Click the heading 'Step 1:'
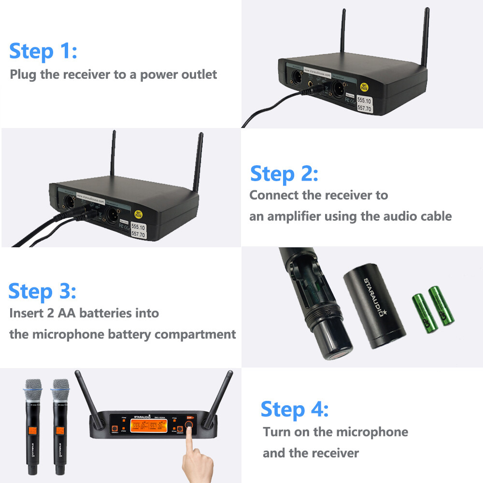(43, 51)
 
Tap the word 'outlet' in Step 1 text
(199, 74)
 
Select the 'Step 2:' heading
(284, 173)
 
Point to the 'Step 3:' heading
(42, 291)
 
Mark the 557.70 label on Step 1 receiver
(364, 110)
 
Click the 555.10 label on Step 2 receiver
(139, 226)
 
